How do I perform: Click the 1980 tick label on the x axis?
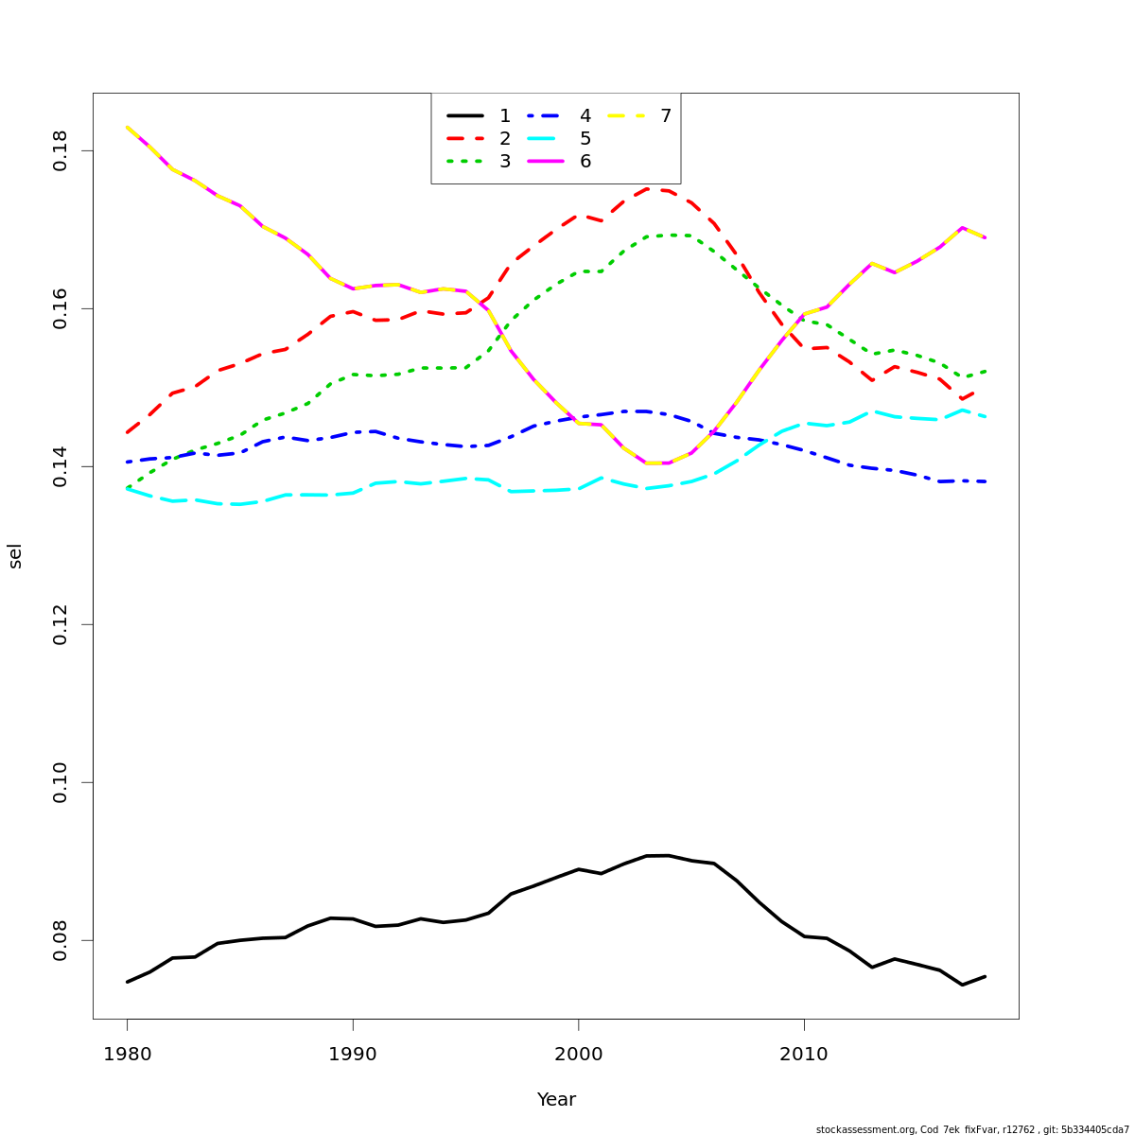[x=127, y=1054]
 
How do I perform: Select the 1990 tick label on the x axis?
[x=353, y=1054]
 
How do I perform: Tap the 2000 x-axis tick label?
[x=578, y=1054]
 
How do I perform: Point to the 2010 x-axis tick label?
[x=804, y=1054]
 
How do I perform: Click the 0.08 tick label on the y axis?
[x=61, y=940]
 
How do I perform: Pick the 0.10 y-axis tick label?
[x=61, y=782]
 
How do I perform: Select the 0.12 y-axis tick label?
[x=61, y=624]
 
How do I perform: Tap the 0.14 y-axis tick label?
[x=61, y=466]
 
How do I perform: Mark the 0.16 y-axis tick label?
[x=61, y=309]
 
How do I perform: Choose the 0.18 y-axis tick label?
[x=61, y=151]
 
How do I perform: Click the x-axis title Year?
[x=556, y=1099]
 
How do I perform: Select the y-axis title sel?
[x=15, y=556]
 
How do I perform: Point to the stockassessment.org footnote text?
[x=972, y=1129]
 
